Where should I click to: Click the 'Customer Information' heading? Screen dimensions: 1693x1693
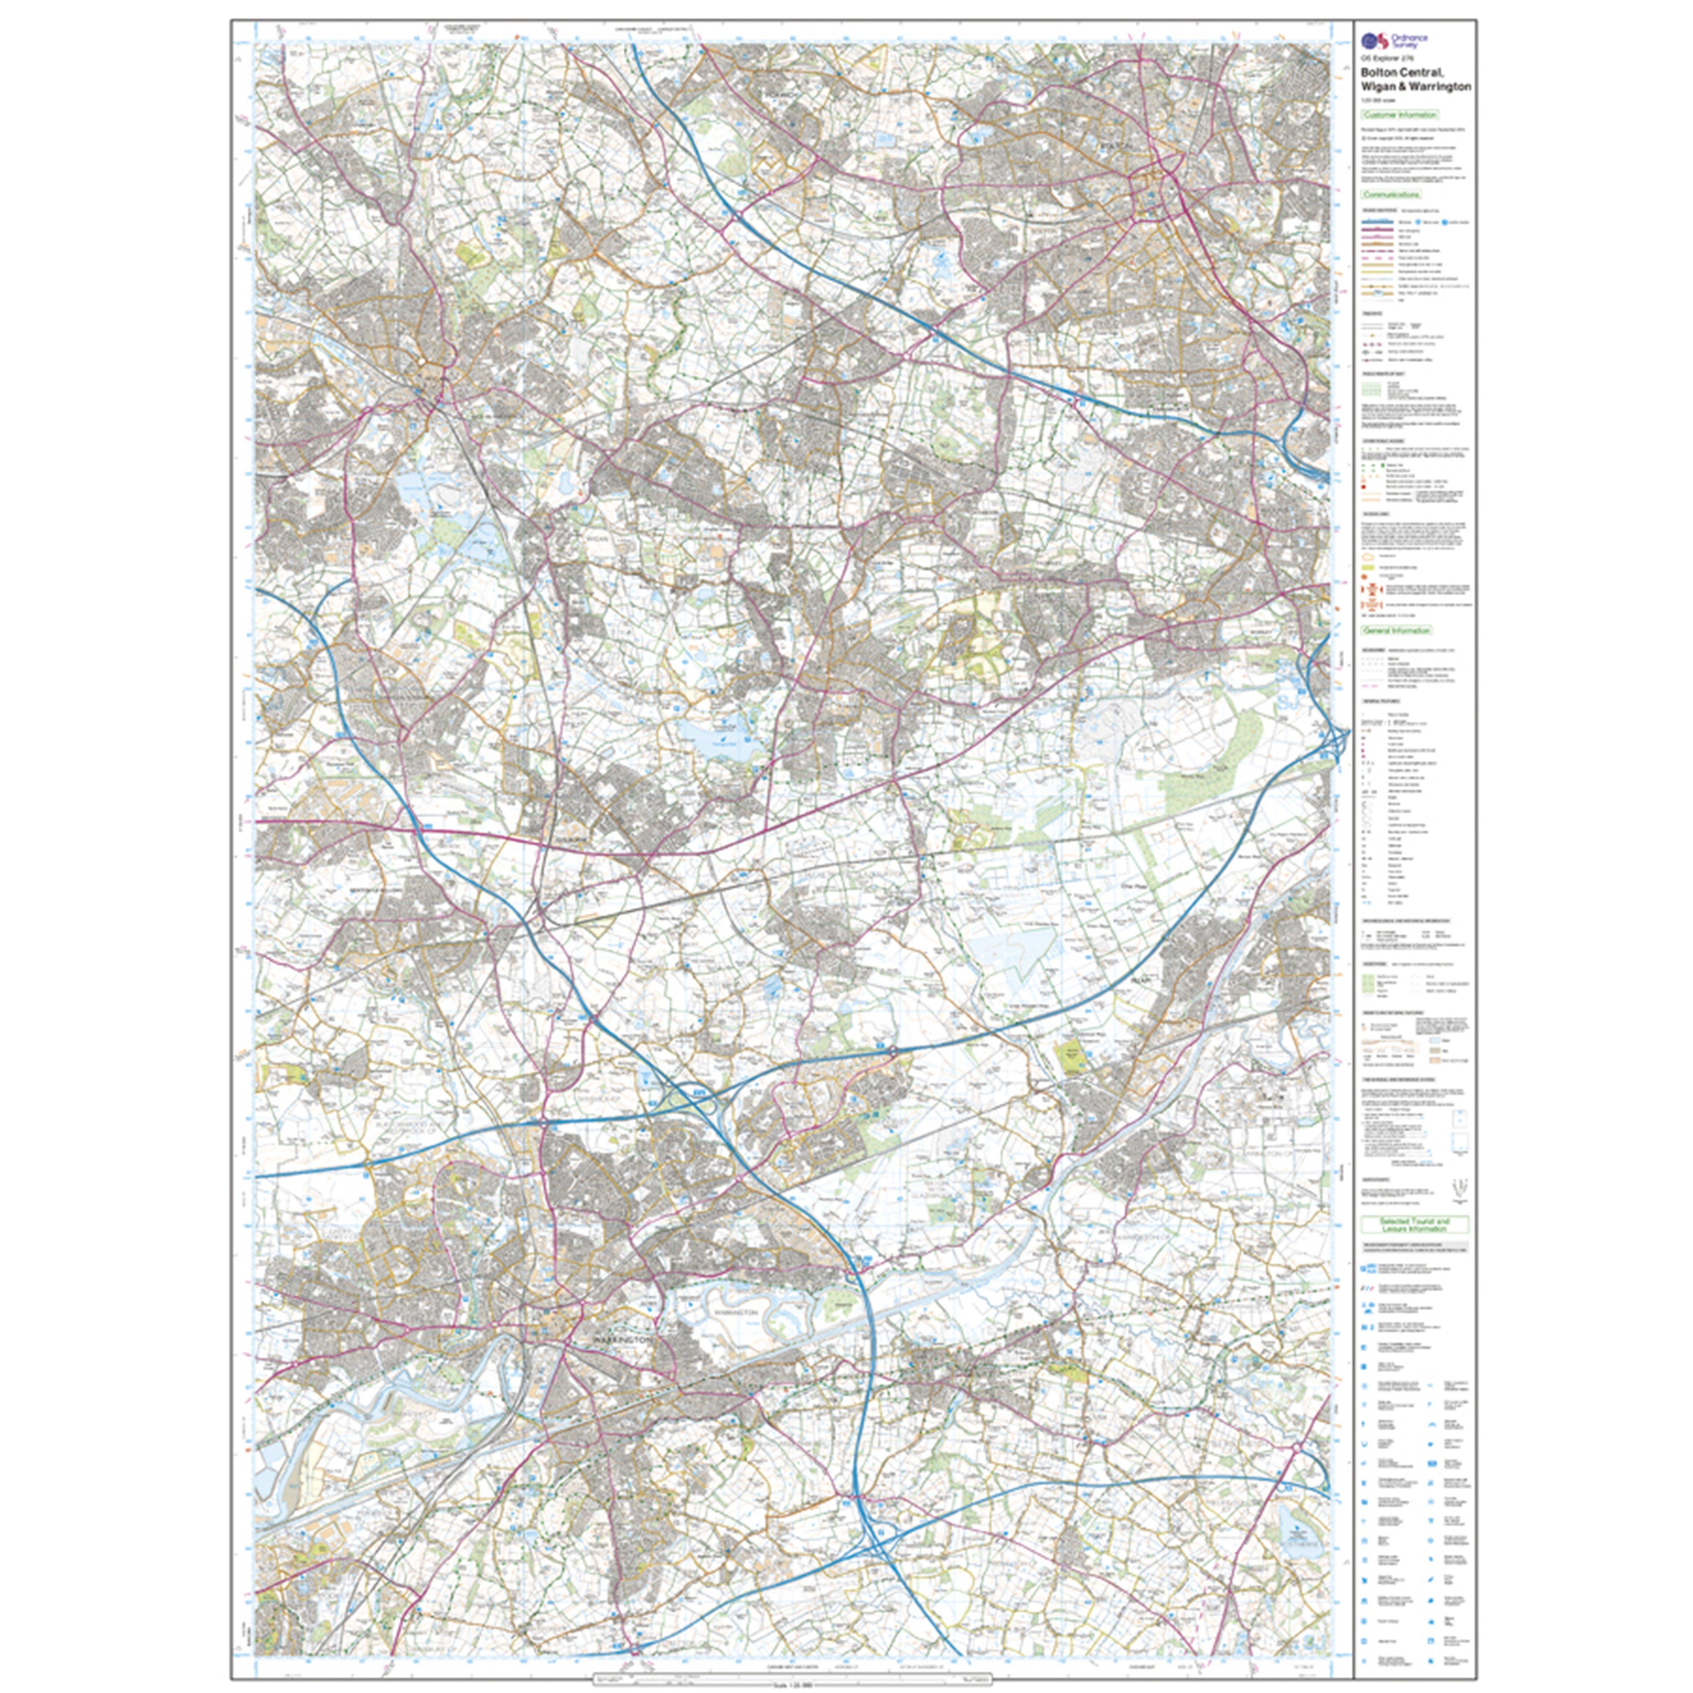1399,115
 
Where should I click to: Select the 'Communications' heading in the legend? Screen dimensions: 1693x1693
1391,195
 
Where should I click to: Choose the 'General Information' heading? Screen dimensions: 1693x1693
1396,630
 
